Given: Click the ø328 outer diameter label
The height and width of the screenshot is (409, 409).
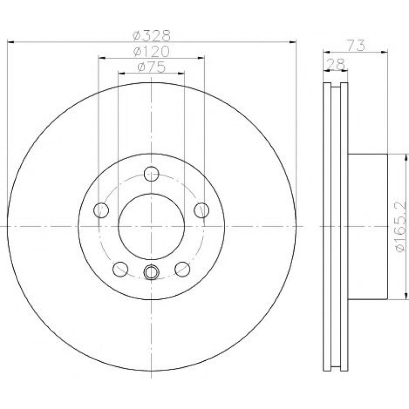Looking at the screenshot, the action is (x=151, y=36).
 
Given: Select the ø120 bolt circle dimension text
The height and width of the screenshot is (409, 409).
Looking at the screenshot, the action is (x=151, y=52).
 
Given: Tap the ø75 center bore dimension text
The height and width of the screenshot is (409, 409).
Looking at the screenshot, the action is (x=151, y=67).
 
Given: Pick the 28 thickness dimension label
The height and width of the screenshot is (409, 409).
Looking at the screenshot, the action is (x=336, y=64).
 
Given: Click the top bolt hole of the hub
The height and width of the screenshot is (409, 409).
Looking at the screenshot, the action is (x=151, y=174).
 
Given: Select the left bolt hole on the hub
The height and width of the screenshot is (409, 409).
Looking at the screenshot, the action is (x=101, y=210).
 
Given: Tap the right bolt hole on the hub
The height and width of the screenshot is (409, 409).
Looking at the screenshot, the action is (x=202, y=210).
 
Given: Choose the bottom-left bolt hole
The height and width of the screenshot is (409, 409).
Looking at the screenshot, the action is (x=120, y=269).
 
